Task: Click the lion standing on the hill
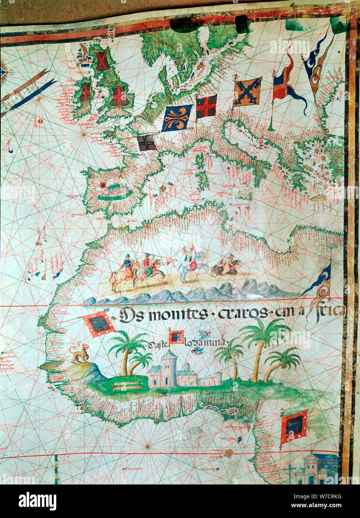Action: click(x=79, y=353)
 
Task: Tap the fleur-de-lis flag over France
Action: click(x=177, y=118)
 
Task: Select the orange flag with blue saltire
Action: click(x=247, y=91)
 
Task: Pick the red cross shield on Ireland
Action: click(x=85, y=92)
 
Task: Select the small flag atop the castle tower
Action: click(x=176, y=337)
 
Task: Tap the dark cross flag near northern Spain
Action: click(x=146, y=143)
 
